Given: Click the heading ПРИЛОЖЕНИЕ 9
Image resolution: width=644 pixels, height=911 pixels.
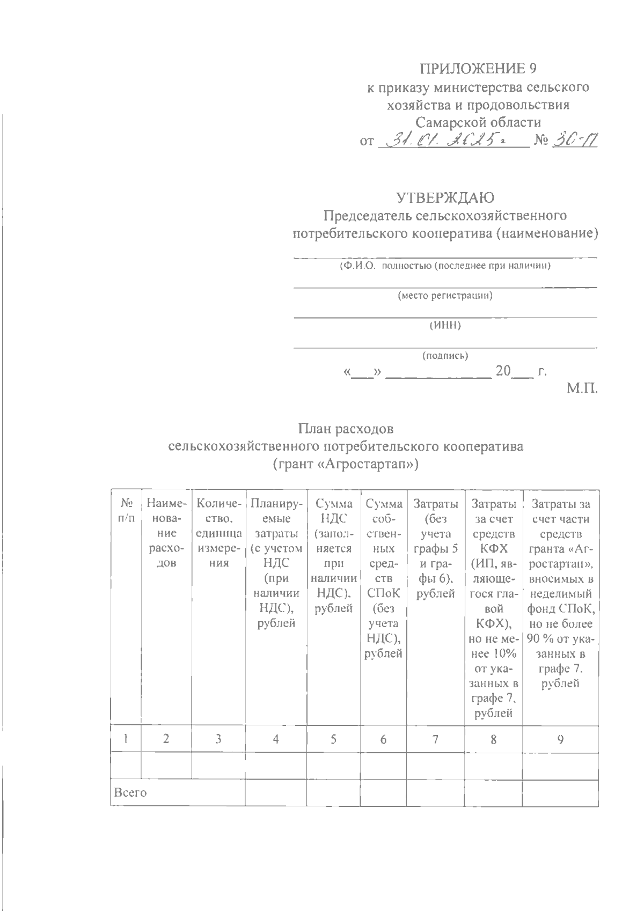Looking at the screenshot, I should (478, 68).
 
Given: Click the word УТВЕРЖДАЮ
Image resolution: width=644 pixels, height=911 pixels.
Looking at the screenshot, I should (445, 198).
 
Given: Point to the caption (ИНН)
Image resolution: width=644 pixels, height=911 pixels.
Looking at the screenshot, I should (445, 325).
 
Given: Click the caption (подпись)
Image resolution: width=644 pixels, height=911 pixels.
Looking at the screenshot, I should (445, 355).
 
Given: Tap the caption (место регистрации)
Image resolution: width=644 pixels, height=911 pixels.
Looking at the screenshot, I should (445, 296).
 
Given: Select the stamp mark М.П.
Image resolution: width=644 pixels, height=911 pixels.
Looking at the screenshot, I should (582, 387).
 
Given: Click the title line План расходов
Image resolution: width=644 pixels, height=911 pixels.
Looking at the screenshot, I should (346, 429).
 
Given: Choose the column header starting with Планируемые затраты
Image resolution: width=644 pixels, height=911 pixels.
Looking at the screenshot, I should (276, 563).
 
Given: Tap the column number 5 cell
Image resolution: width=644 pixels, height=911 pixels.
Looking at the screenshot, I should (333, 739).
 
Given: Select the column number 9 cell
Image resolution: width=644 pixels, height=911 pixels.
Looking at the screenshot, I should (560, 739).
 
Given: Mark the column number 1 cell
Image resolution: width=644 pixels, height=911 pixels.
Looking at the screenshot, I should (126, 739).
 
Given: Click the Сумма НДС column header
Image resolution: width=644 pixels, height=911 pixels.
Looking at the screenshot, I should (333, 556).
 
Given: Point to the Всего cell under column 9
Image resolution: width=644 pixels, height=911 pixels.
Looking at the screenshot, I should (560, 793).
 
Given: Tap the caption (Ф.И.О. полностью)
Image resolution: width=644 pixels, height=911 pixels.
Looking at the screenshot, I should (445, 266).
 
